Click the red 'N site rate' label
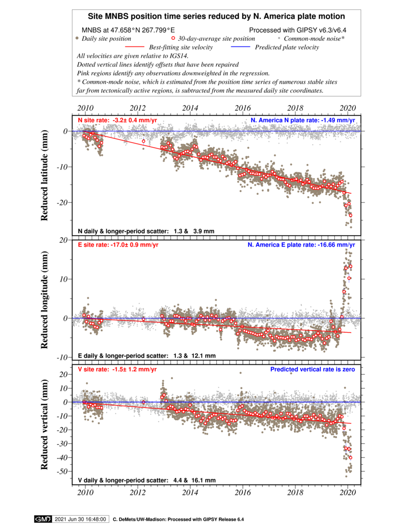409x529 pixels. click(x=117, y=121)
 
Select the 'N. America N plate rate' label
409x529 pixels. click(x=303, y=121)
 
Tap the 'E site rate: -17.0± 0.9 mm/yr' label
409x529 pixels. click(x=118, y=245)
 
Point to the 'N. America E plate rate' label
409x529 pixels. click(x=301, y=245)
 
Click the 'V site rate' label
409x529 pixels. click(x=117, y=369)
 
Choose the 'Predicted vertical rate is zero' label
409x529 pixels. click(x=312, y=369)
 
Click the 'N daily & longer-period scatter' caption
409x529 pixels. click(x=146, y=232)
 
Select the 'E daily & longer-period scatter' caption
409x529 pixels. click(x=147, y=356)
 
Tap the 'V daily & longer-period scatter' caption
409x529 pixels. click(x=147, y=480)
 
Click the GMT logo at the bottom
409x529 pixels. click(x=42, y=519)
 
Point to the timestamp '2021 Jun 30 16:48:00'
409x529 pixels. click(x=81, y=519)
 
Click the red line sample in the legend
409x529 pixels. click(x=134, y=47)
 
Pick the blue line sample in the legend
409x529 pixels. click(x=240, y=47)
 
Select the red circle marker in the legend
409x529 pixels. click(x=173, y=38)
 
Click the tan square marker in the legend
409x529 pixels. click(x=77, y=38)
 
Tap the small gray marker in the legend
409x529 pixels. click(x=279, y=38)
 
